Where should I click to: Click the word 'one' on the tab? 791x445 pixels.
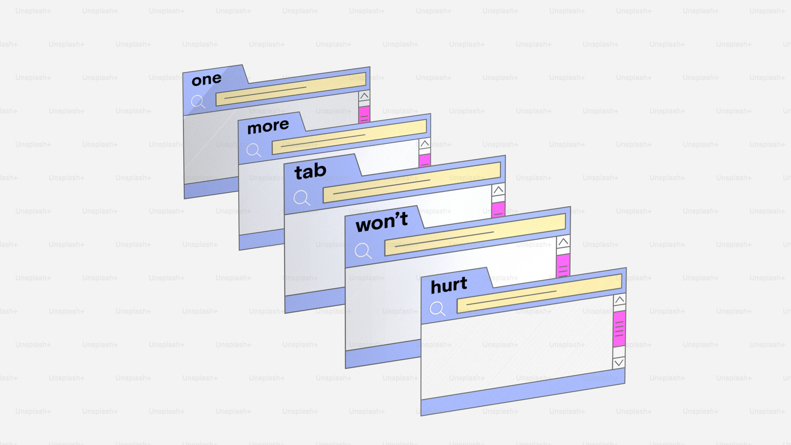206,80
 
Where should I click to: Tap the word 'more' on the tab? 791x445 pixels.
268,126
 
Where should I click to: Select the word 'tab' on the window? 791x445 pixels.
310,171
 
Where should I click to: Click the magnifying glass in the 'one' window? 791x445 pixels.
198,102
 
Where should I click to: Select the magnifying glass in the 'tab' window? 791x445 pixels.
302,198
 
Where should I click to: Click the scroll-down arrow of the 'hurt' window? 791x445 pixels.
619,363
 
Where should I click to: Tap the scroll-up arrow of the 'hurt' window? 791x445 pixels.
620,299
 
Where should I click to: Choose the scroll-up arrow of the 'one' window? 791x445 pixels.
364,96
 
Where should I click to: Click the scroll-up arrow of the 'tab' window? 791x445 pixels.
498,190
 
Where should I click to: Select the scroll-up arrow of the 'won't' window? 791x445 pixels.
563,242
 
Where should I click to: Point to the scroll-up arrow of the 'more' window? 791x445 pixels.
425,143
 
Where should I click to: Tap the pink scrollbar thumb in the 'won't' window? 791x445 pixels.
563,266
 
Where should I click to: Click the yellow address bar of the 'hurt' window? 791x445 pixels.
539,294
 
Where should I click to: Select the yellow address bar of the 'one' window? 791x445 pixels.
291,89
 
